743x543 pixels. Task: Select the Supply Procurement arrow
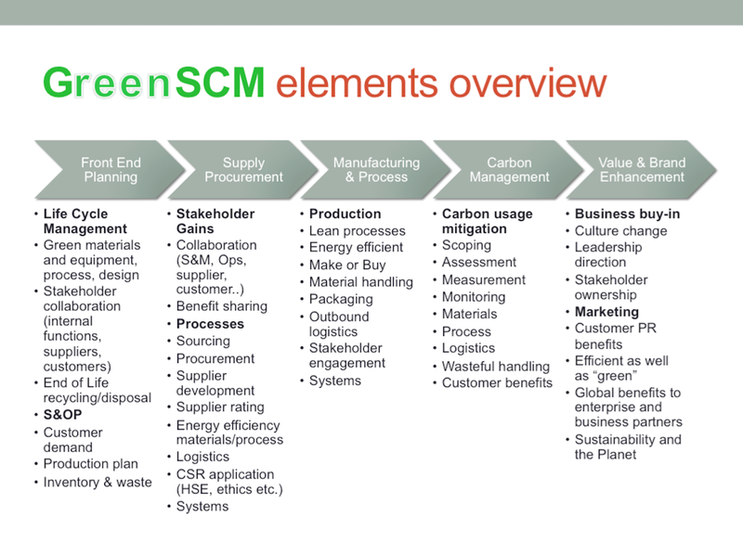click(x=243, y=170)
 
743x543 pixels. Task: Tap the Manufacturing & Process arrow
click(x=376, y=170)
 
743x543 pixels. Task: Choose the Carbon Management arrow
click(x=509, y=170)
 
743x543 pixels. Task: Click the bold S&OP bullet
click(x=64, y=415)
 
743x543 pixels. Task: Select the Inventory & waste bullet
click(x=98, y=482)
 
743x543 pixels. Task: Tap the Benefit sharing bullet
click(x=222, y=306)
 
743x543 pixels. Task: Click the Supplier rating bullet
click(x=220, y=407)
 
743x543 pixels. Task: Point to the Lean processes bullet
click(x=358, y=230)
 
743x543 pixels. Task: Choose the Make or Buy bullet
click(x=347, y=265)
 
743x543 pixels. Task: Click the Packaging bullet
click(x=341, y=299)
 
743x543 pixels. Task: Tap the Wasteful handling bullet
click(x=496, y=366)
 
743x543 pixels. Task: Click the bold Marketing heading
click(x=606, y=312)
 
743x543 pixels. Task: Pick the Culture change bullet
click(x=621, y=230)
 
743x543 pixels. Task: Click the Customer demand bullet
click(x=73, y=440)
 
